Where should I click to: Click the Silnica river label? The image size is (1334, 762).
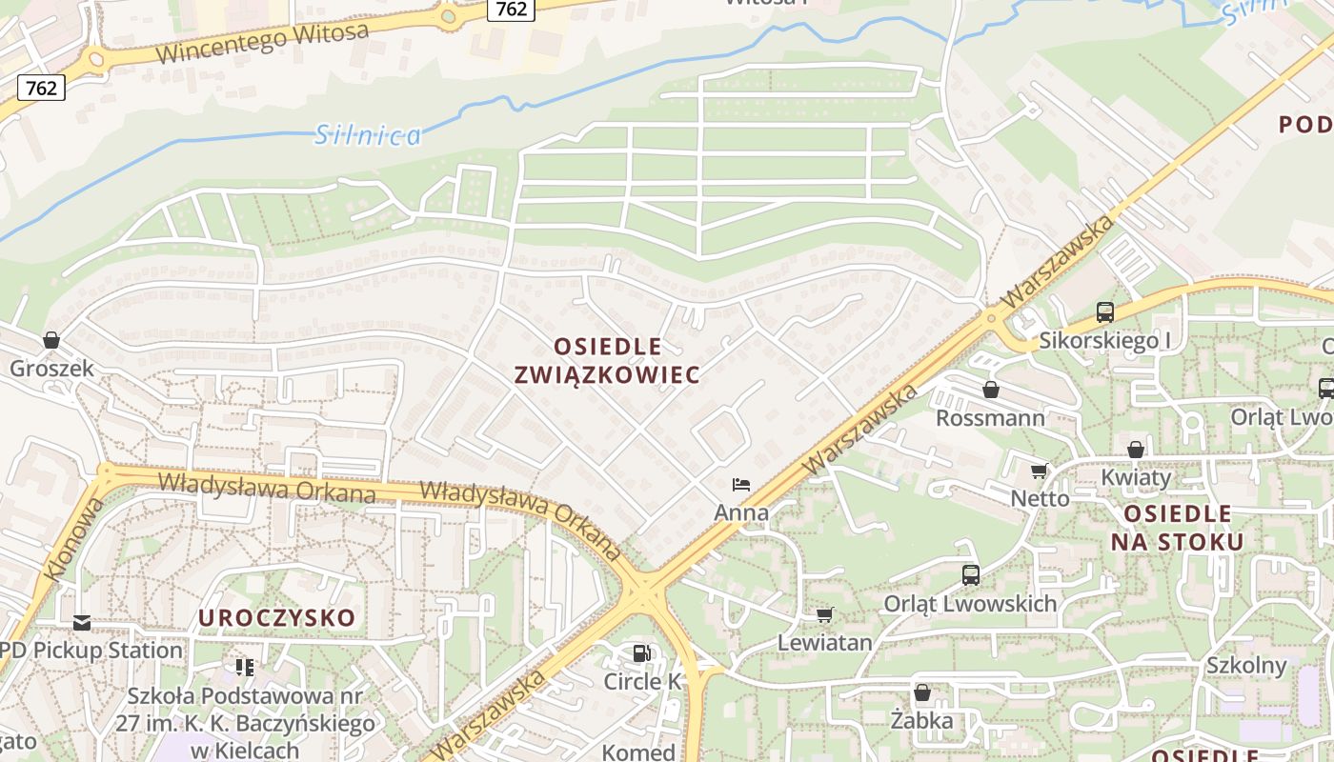point(368,135)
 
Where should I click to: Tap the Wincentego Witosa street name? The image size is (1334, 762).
point(262,44)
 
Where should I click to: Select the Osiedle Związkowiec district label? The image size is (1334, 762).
point(608,360)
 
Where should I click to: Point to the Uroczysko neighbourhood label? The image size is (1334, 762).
point(276,618)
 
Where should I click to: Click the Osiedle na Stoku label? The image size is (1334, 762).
point(1178,528)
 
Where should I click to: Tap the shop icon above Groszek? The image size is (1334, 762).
point(51,340)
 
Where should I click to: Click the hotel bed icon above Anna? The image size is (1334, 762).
point(741,485)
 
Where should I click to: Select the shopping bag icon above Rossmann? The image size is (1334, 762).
point(991,390)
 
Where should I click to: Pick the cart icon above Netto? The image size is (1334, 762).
point(1039,471)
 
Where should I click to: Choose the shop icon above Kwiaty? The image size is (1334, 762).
point(1135,450)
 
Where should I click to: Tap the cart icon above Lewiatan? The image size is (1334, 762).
point(824,615)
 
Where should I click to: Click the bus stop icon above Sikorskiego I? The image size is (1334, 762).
point(1105,311)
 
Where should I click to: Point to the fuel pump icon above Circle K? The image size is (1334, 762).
point(643,653)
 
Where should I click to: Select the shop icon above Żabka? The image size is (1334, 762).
point(921,692)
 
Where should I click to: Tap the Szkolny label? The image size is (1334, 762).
point(1246,665)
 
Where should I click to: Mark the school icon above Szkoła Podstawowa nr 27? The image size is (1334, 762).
point(245,668)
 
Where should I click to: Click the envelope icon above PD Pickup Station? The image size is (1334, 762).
point(82,623)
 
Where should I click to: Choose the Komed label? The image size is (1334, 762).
point(638,752)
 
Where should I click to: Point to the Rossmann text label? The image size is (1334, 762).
point(990,418)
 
